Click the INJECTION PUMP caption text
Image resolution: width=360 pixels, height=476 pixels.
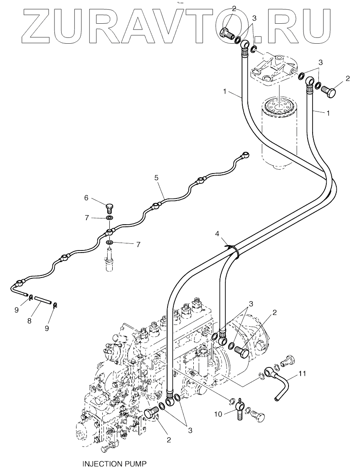click(x=114, y=464)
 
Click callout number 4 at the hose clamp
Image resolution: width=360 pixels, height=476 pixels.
click(x=217, y=234)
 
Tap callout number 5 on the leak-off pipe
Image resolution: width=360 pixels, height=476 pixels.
click(x=156, y=178)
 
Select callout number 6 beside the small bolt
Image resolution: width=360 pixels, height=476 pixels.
click(x=86, y=198)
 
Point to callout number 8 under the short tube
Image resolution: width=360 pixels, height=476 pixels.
click(x=30, y=320)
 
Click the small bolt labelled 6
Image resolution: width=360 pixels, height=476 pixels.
click(x=109, y=209)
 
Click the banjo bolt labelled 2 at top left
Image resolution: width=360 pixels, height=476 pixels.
click(x=227, y=33)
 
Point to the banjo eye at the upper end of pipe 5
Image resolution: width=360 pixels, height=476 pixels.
click(x=246, y=154)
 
